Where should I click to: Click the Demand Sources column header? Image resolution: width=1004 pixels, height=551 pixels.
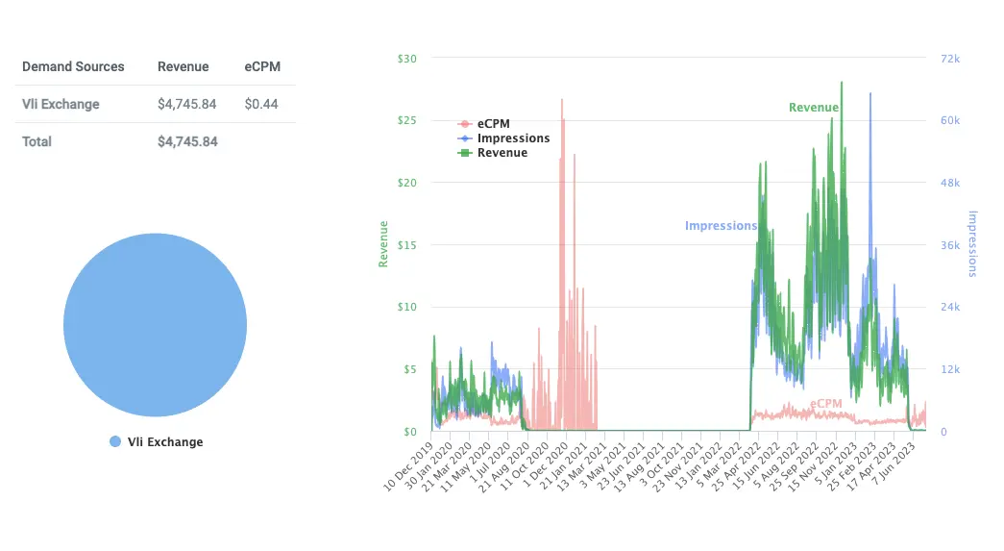pos(73,66)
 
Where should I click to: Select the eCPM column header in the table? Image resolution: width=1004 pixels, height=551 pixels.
pos(262,66)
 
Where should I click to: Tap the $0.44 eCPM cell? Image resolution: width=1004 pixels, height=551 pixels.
pos(262,104)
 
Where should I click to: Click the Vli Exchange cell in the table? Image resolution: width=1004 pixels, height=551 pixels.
pos(61,104)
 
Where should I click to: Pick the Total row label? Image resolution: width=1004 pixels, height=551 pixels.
pos(37,141)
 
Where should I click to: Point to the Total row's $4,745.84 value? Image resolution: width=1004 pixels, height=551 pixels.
pos(187,141)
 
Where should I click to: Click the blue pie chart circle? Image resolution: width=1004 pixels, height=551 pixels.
pos(155,325)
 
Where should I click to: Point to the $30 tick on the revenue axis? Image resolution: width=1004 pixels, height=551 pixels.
pos(406,59)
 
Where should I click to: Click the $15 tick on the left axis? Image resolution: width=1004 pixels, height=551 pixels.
pos(406,245)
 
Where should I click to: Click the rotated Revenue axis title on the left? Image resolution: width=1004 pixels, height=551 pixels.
pos(383,244)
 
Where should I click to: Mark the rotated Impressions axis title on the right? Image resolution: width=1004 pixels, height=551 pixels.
pos(971,244)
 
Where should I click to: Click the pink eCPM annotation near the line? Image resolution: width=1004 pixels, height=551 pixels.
pos(825,404)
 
